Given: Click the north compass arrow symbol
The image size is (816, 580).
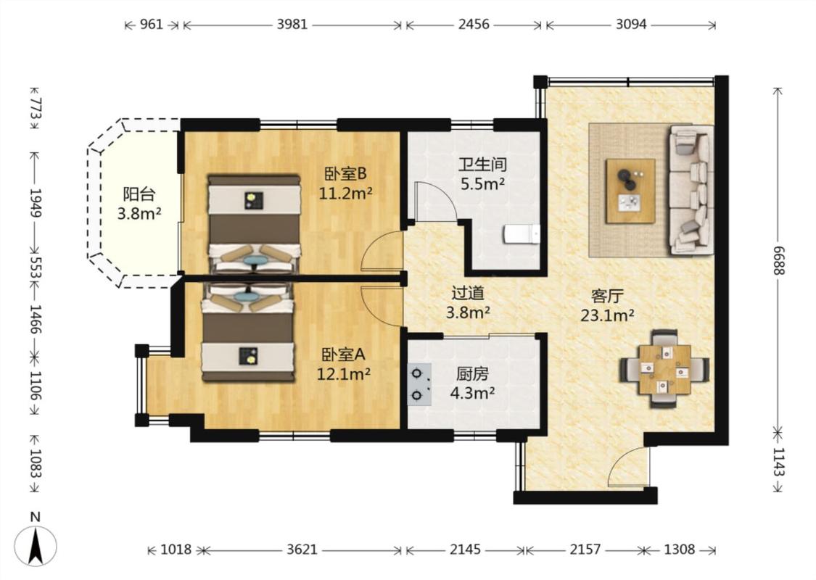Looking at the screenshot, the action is pyautogui.click(x=35, y=545).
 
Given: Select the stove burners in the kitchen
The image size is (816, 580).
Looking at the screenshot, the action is pyautogui.click(x=419, y=384).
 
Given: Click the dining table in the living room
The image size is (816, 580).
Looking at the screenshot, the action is pyautogui.click(x=664, y=369).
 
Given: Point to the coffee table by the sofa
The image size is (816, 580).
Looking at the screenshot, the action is pyautogui.click(x=630, y=191).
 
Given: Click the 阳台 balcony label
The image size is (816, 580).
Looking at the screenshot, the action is pyautogui.click(x=139, y=194).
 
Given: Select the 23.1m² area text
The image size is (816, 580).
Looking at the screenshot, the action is pyautogui.click(x=607, y=315).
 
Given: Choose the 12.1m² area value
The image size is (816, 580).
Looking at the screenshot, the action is pyautogui.click(x=344, y=373).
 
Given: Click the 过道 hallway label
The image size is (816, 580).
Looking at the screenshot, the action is pyautogui.click(x=468, y=293).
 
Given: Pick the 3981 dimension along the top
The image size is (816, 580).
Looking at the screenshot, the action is pyautogui.click(x=292, y=25).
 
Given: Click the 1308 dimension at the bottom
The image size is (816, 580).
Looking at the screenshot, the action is pyautogui.click(x=680, y=550).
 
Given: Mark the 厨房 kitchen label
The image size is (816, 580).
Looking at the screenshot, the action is pyautogui.click(x=472, y=374).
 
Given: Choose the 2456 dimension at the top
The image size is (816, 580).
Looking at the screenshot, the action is pyautogui.click(x=474, y=25).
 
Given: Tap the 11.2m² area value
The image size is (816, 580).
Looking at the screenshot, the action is pyautogui.click(x=345, y=194).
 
